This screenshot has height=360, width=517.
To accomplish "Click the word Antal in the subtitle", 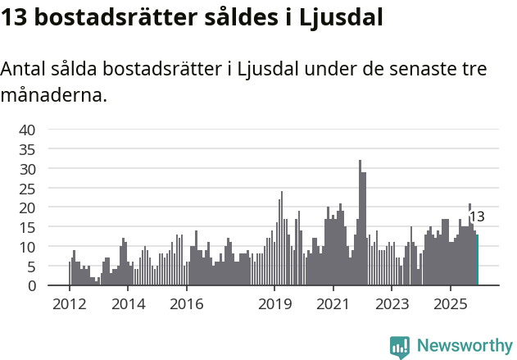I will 24,70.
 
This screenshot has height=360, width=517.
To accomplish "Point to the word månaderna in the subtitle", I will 54,96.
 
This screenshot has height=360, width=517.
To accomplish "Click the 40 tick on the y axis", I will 27,130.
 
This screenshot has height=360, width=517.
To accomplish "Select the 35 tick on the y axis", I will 27,149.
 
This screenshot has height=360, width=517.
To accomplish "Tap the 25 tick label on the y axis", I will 27,188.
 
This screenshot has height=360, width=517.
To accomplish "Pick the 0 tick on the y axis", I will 31,285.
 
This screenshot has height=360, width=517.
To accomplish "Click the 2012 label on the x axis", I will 70,305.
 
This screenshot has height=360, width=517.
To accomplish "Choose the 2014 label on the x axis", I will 128,305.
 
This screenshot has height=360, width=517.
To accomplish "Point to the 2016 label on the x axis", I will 186,305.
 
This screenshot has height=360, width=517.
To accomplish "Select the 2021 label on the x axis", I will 333,305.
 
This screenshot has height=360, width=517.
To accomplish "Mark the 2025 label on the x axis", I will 450,305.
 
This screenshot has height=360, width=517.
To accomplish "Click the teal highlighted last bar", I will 477,261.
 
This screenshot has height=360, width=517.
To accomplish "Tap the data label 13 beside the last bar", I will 477,217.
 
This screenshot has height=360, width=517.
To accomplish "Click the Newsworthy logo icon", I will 400,346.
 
